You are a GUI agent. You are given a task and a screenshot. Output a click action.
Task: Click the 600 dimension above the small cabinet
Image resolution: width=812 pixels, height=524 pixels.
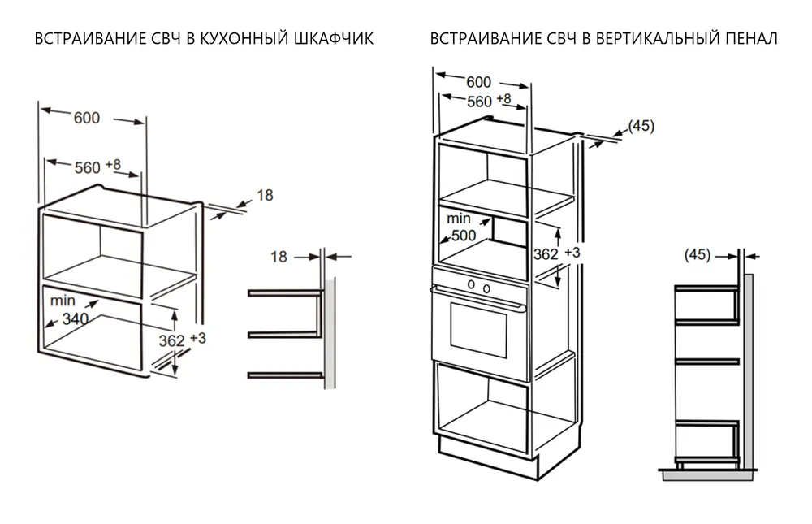(87, 118)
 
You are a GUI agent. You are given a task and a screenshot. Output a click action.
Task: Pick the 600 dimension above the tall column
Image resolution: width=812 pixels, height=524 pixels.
(479, 82)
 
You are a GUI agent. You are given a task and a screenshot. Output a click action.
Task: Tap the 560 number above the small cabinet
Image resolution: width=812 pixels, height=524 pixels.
(87, 167)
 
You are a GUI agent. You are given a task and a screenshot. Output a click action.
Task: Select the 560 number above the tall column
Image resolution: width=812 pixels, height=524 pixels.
(479, 102)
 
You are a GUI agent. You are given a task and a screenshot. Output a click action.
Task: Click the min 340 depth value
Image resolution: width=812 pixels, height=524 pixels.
(75, 319)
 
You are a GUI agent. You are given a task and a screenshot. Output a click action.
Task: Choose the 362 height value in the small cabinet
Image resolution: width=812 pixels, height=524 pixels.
(171, 341)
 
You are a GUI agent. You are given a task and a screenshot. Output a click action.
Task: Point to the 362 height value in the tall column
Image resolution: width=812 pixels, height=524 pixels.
(546, 254)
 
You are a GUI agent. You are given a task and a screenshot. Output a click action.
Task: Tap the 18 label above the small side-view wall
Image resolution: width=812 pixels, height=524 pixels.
(279, 257)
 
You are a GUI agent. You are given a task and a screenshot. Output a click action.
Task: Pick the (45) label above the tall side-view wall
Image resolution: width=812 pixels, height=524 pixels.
(698, 255)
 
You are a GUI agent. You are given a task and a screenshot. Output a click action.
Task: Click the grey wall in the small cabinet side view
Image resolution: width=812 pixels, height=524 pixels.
(331, 333)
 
